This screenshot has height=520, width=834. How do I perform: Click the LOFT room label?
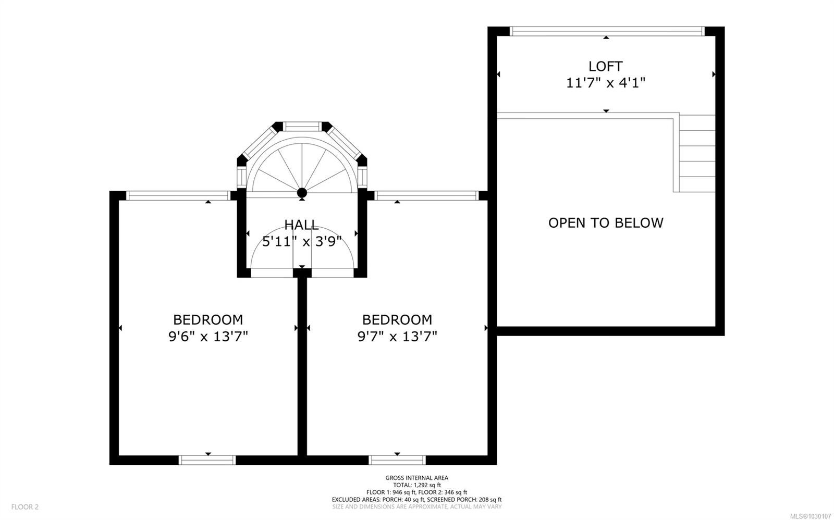point(605,66)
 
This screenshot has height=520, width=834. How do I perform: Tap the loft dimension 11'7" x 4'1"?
point(605,83)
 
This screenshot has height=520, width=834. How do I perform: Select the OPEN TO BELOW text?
point(606,222)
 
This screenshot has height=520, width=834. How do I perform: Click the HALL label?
point(302,225)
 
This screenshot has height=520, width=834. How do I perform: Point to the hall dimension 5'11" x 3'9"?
point(302,242)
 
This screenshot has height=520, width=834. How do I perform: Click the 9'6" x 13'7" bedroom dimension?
point(208,337)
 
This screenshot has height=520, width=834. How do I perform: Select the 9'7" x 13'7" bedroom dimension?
point(397,337)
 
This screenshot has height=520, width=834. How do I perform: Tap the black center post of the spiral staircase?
point(302,193)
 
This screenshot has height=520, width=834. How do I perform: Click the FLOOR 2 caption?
point(25,506)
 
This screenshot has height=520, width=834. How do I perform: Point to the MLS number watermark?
point(812,516)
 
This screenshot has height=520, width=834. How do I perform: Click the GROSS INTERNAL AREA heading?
point(416,478)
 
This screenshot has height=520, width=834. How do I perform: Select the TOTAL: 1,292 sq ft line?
point(416,485)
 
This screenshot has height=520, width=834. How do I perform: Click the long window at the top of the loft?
point(607,31)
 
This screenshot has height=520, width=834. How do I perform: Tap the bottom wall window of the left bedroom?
point(207,460)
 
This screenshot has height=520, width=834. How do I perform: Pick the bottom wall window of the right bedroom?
point(397,460)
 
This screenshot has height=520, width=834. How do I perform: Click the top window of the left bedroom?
point(178,196)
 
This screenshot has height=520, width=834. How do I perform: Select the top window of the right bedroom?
point(426,196)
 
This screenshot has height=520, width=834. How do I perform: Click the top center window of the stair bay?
point(302,127)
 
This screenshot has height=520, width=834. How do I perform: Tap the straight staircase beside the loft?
point(697,153)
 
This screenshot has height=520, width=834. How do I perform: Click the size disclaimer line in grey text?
point(416,506)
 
